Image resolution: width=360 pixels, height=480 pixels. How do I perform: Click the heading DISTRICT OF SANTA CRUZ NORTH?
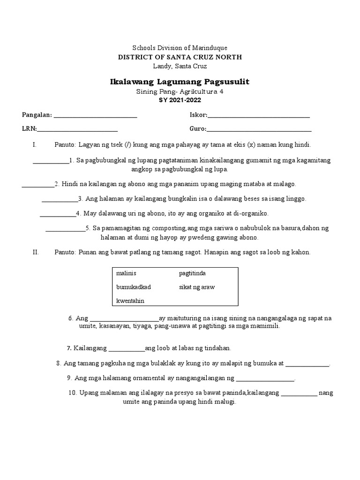pos(180,57)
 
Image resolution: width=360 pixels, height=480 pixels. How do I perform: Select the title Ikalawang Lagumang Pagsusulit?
pos(180,82)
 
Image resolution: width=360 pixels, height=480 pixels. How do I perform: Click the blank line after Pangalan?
pos(96,116)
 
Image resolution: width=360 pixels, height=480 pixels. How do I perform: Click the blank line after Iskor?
pos(258,116)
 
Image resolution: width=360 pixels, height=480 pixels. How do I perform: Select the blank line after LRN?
pos(77,130)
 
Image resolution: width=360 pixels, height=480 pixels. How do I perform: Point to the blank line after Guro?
pos(259,130)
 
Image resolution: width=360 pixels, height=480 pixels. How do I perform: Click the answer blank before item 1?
pos(51,162)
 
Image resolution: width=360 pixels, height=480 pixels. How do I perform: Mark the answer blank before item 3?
pos(60,200)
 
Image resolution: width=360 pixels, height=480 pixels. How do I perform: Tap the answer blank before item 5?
pos(65,230)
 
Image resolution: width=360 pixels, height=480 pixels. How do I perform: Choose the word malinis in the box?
pos(126,273)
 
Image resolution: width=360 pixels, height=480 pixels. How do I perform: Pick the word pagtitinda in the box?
pos(192,273)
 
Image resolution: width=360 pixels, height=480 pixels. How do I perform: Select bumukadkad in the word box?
pos(134,287)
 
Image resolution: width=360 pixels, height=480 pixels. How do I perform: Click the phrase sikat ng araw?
pos(197,287)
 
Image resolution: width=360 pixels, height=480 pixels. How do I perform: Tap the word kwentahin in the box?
pos(131,300)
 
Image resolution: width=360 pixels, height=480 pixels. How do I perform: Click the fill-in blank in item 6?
pos(124,320)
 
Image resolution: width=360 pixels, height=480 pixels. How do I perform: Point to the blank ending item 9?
pos(265,380)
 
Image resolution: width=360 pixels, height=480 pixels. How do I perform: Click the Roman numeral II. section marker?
pos(36,252)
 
